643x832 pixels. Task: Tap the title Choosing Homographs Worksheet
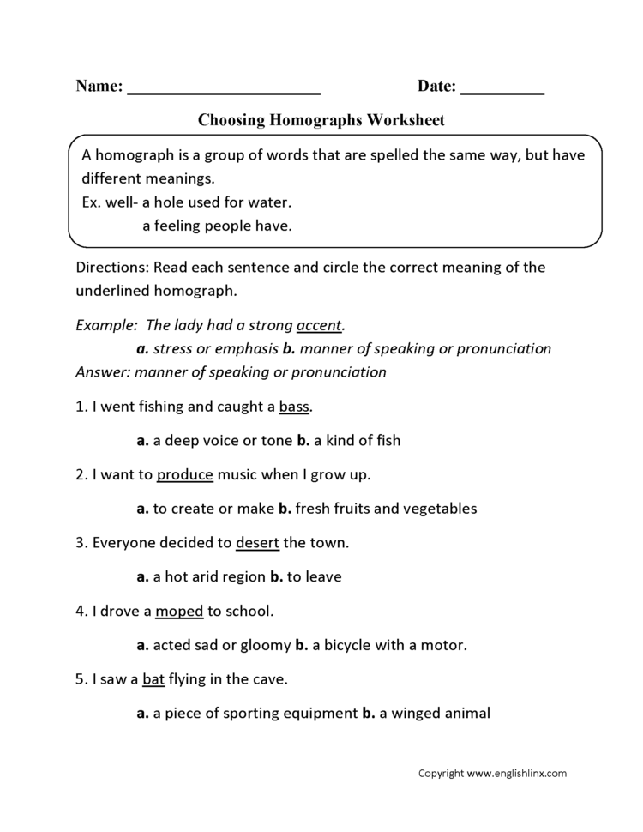click(x=321, y=121)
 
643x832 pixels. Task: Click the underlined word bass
click(x=294, y=407)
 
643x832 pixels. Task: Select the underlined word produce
click(x=185, y=474)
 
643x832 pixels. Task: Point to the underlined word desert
click(x=257, y=542)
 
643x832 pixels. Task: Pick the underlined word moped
click(x=179, y=611)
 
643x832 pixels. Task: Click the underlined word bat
click(x=153, y=678)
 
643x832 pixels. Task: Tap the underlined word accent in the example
click(x=319, y=326)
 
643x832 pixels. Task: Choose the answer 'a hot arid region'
click(x=209, y=576)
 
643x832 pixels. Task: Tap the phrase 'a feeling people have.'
click(x=217, y=226)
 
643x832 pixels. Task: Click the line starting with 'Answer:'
click(x=231, y=372)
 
